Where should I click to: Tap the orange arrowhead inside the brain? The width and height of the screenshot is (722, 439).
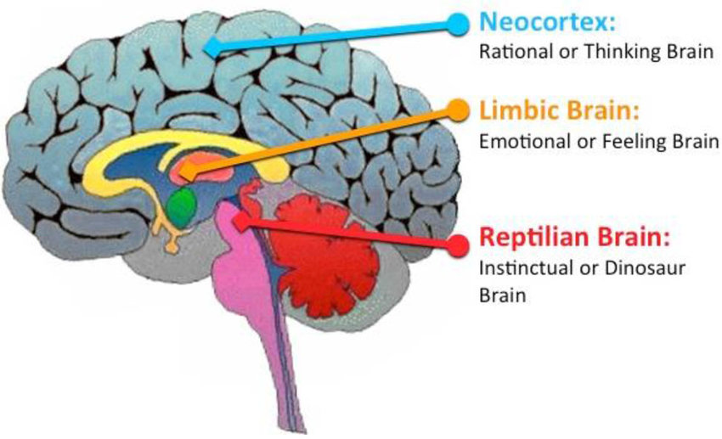point(186,172)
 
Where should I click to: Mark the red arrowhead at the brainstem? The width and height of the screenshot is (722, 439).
point(241,219)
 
